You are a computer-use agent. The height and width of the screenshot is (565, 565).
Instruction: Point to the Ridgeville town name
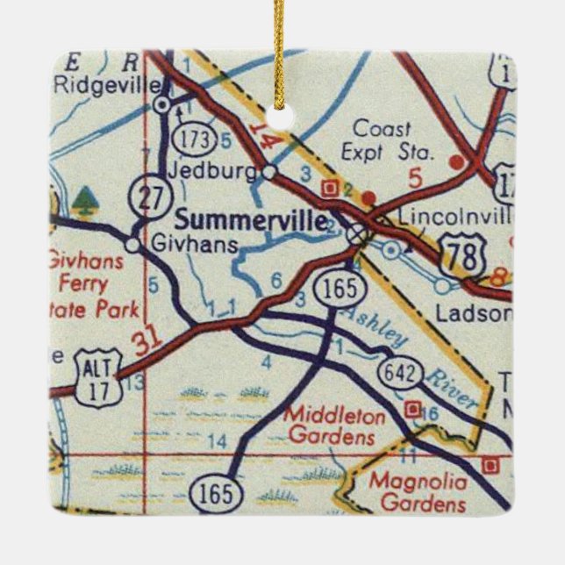[108, 86]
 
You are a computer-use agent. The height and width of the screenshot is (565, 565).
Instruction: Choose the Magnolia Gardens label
[417, 492]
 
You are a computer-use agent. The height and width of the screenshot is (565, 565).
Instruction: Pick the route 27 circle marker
[144, 197]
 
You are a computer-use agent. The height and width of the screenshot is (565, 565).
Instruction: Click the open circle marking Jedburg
[269, 170]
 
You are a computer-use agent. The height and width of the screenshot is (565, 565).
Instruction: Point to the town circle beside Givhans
[132, 245]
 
